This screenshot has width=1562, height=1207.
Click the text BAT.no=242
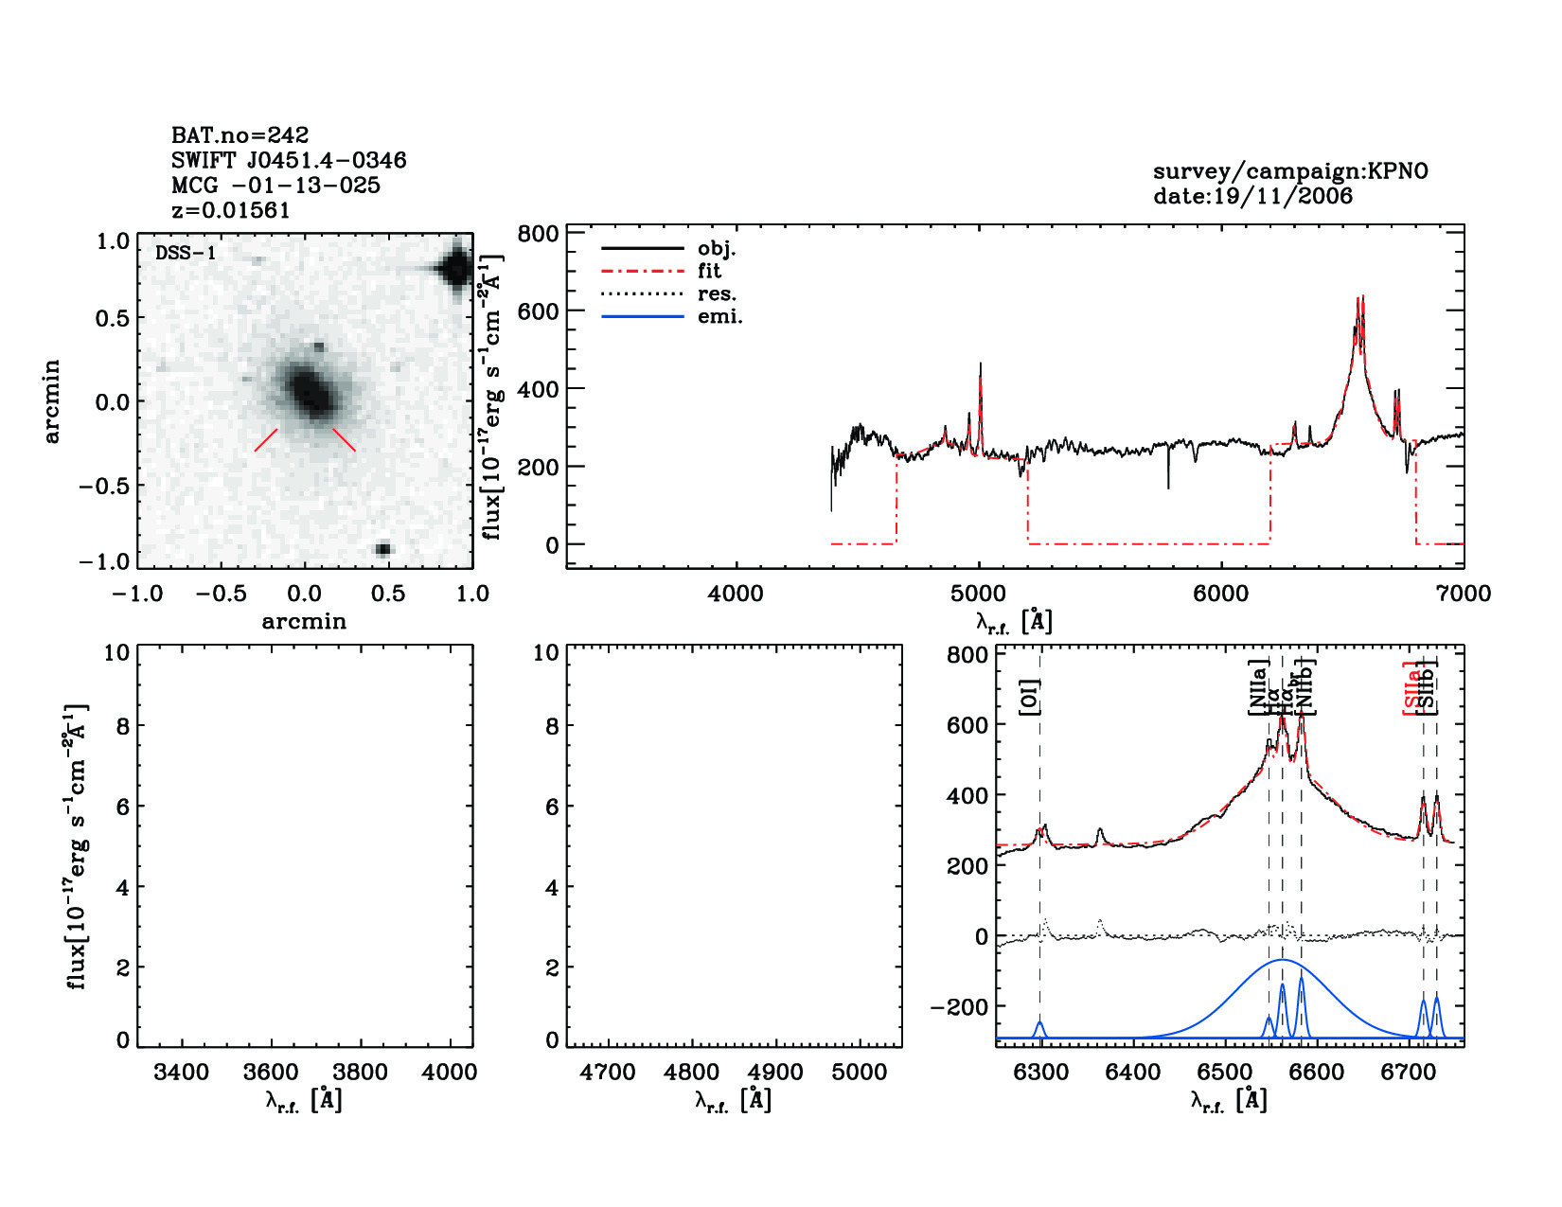click(x=240, y=135)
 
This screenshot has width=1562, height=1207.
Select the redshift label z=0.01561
click(x=230, y=210)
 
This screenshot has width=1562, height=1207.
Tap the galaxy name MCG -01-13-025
click(x=275, y=186)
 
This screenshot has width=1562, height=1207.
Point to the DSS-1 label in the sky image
click(x=186, y=253)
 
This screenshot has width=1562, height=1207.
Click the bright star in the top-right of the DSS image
click(x=455, y=268)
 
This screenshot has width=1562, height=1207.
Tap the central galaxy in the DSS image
click(x=308, y=392)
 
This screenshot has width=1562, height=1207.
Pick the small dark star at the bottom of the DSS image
click(x=383, y=549)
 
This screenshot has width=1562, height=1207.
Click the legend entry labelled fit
click(x=709, y=271)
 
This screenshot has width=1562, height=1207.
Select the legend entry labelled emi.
click(x=719, y=316)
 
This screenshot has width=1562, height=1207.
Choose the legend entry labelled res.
click(x=717, y=293)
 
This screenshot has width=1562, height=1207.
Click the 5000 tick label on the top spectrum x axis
click(x=978, y=594)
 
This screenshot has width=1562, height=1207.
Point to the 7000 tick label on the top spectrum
click(x=1463, y=594)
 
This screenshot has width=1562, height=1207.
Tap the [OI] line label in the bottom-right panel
click(x=1030, y=698)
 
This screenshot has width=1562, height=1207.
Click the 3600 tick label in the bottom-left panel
click(x=271, y=1073)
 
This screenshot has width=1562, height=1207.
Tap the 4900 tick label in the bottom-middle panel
click(x=775, y=1073)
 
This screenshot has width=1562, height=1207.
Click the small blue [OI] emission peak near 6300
click(x=1039, y=1025)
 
